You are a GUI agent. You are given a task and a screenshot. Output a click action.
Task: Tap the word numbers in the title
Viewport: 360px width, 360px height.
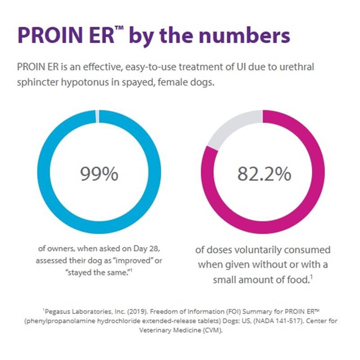pyautogui.click(x=241, y=36)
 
